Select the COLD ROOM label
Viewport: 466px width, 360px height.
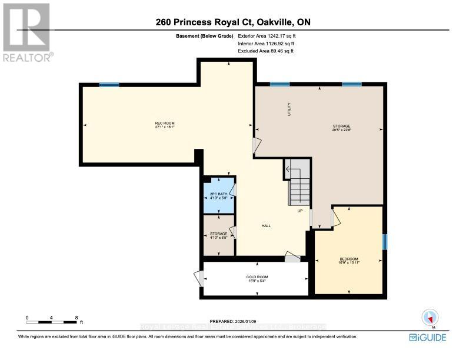coord(257,278)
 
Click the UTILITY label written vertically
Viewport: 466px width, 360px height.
coord(289,109)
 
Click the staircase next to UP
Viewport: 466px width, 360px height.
coord(298,182)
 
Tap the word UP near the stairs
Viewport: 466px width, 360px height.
coord(299,211)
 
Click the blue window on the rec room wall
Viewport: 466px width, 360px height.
coord(109,85)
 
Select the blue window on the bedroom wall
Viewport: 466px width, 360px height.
coord(385,242)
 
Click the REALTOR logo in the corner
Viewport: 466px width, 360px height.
coord(26,32)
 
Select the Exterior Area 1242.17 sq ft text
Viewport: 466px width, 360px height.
coord(265,36)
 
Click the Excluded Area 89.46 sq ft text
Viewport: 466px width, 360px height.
coord(265,51)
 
